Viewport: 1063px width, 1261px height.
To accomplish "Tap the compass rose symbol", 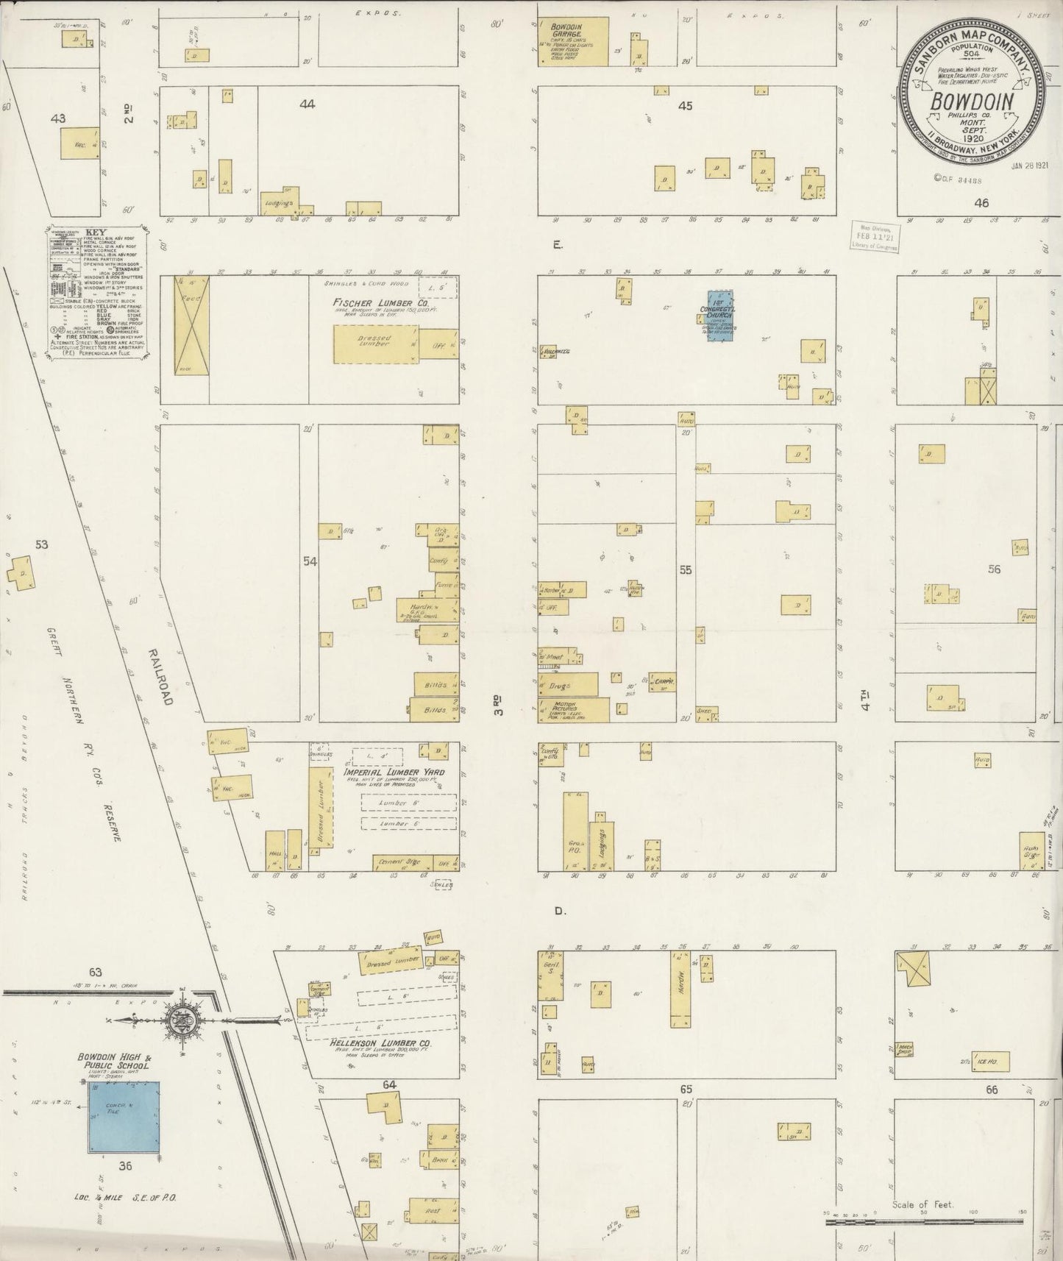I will coord(180,1020).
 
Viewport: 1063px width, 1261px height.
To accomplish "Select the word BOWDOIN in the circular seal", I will coord(973,102).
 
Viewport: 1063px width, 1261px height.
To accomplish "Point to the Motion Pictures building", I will coord(575,709).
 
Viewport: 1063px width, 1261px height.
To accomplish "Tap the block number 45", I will coord(685,105).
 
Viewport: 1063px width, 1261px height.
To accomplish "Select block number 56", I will coord(994,569).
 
